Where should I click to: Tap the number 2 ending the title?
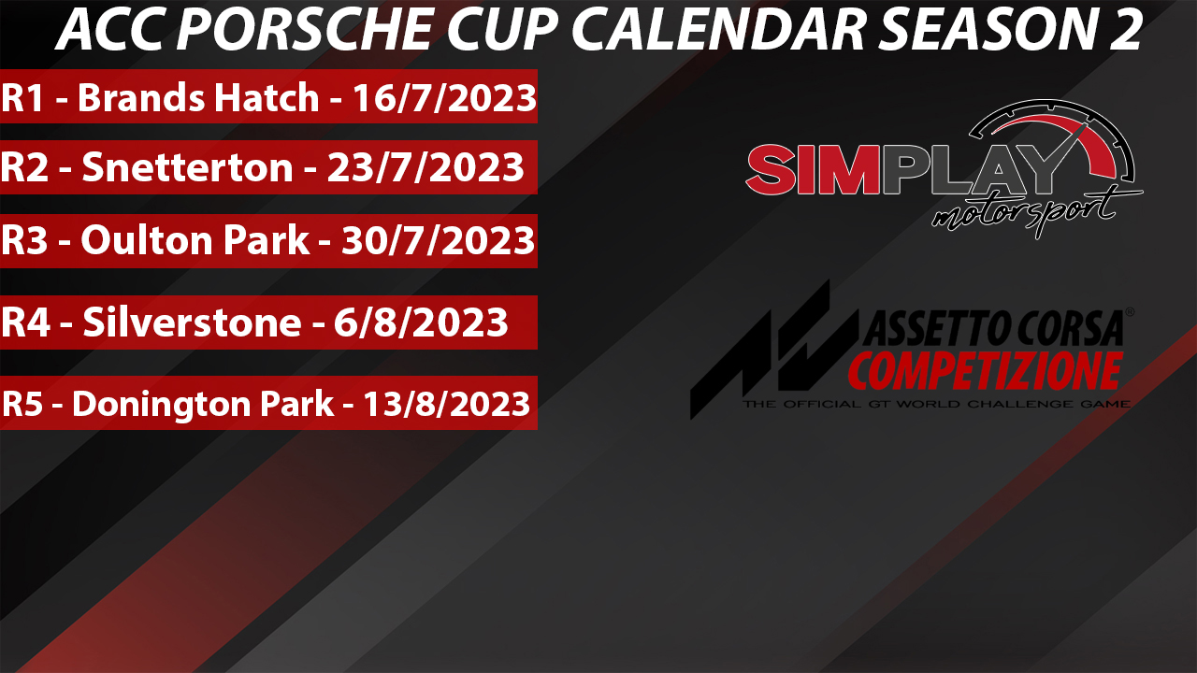(x=1125, y=29)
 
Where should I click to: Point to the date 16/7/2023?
(x=444, y=99)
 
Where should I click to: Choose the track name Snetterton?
(x=188, y=167)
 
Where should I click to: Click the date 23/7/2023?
(x=425, y=167)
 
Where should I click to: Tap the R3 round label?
(x=24, y=240)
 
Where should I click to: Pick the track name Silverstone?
(x=193, y=322)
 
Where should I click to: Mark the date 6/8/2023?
(x=421, y=322)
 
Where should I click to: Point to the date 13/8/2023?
(x=447, y=404)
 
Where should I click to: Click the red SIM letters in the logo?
(x=813, y=170)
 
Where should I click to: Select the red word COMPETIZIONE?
(x=986, y=371)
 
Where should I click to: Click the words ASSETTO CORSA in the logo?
(x=993, y=327)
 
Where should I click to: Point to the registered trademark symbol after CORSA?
(x=1130, y=311)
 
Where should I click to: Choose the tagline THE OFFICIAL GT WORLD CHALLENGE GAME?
(x=936, y=404)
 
